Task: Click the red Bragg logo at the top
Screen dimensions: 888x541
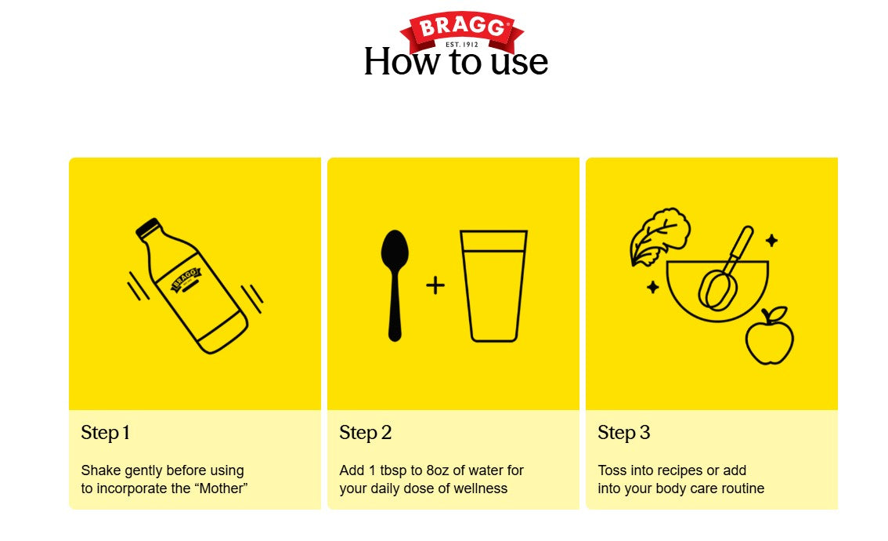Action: point(461,32)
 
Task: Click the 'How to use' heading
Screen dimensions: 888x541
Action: point(456,61)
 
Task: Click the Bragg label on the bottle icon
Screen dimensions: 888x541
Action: point(186,280)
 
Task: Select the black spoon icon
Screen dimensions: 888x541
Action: point(395,285)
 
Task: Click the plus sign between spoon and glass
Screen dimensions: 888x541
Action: point(435,285)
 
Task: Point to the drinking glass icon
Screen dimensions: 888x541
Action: point(494,286)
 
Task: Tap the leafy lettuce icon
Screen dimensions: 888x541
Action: point(659,236)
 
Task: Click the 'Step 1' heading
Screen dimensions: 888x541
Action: point(106,433)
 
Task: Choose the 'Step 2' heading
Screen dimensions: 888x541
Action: point(365,433)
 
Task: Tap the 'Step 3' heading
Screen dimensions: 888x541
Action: point(623,433)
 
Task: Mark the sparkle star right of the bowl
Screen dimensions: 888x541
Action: point(771,241)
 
